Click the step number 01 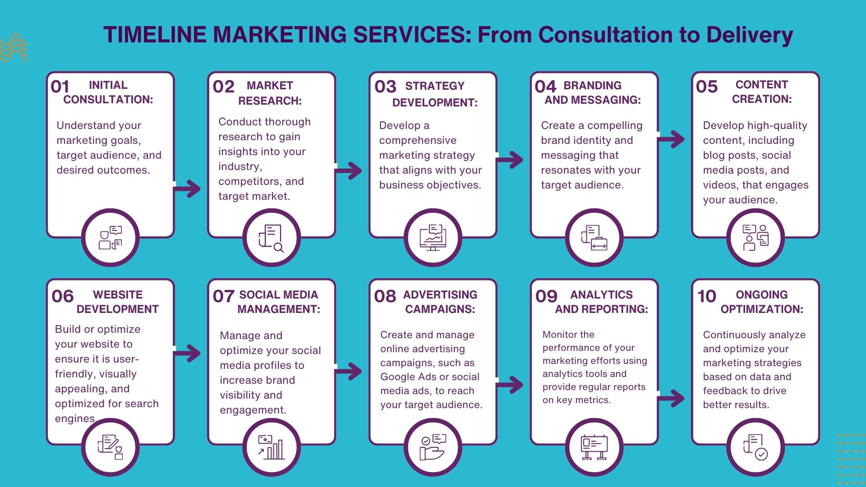tap(60, 87)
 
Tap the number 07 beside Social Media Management tap(223, 296)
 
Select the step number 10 tap(706, 296)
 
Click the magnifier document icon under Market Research tap(271, 238)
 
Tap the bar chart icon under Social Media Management tap(271, 447)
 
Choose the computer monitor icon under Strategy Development tap(433, 238)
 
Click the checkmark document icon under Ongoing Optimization tap(755, 447)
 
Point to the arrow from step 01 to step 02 tap(188, 188)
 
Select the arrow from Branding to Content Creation tap(672, 139)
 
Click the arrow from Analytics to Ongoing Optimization tap(672, 398)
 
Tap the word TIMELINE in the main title tap(155, 35)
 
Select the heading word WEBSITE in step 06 tap(118, 295)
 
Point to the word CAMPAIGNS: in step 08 tap(440, 309)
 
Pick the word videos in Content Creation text tap(721, 185)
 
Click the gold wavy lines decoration tap(14, 48)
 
